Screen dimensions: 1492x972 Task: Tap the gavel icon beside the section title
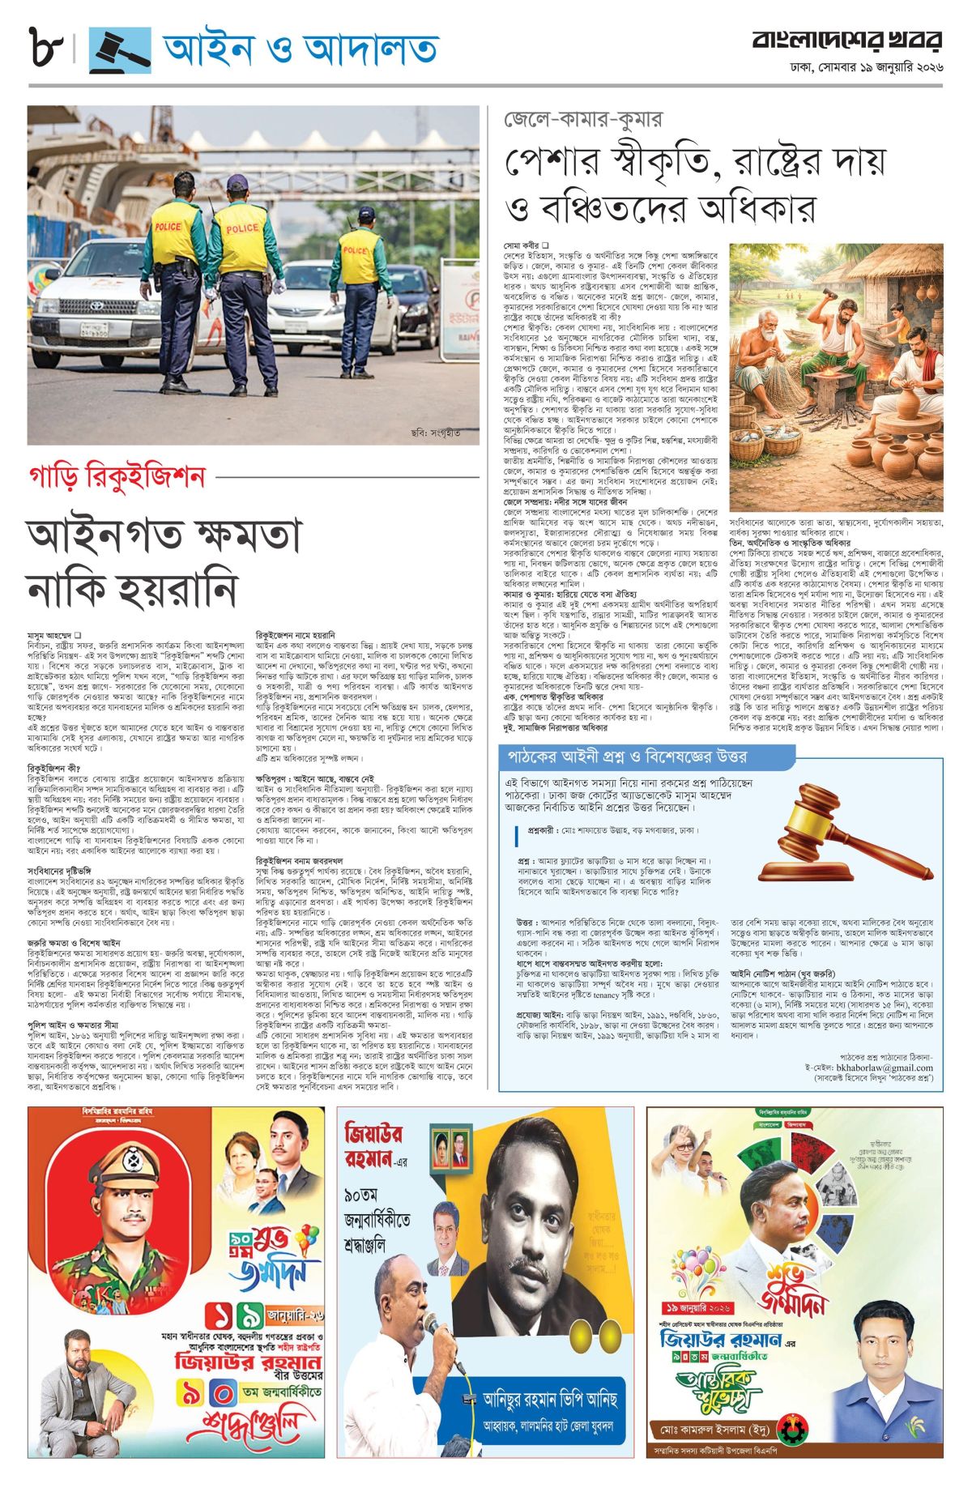coord(119,50)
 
